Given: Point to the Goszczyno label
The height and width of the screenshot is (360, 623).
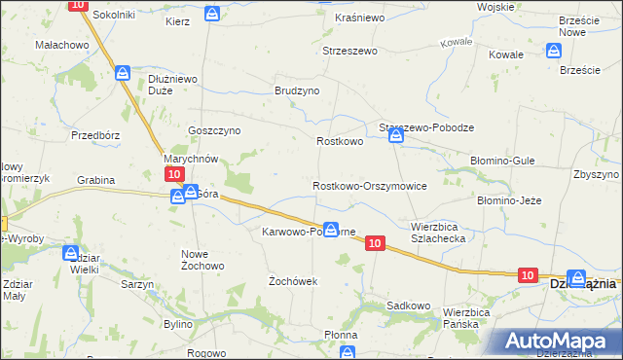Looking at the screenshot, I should click(x=214, y=130).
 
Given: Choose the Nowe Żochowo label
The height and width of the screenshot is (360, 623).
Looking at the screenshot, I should click(x=202, y=260).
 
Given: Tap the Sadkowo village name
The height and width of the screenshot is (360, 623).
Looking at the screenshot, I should click(x=408, y=305).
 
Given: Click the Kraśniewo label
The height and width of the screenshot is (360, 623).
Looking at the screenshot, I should click(x=359, y=18).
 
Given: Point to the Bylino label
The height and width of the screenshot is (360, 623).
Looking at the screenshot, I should click(x=178, y=322).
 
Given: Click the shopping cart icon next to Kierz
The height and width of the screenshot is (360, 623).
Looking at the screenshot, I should click(x=212, y=14).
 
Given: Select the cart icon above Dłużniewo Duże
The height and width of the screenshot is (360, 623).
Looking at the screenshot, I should click(x=123, y=73).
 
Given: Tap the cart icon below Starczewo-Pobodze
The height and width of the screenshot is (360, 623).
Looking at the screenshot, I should click(x=396, y=137).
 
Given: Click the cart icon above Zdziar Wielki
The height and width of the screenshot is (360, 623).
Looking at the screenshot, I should click(x=71, y=253).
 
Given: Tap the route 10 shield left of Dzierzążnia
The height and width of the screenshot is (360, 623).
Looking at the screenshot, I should click(x=527, y=276).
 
